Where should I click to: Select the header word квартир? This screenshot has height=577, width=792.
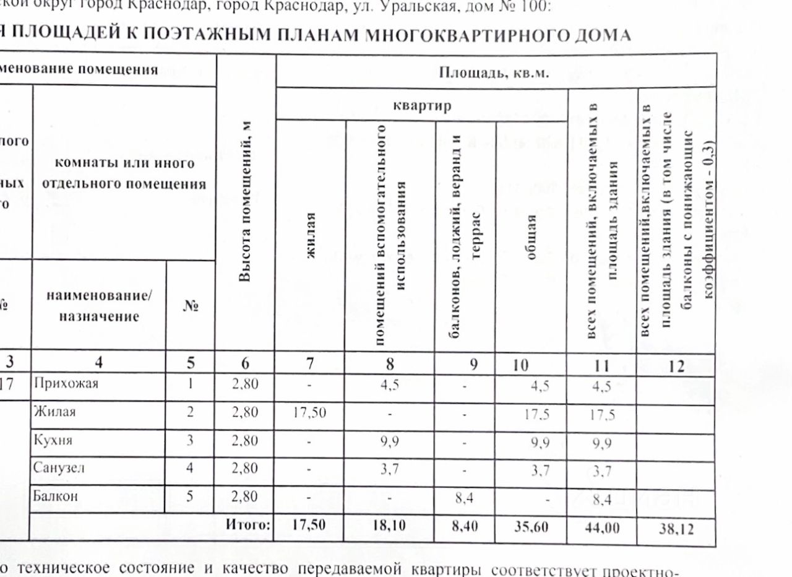422,105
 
